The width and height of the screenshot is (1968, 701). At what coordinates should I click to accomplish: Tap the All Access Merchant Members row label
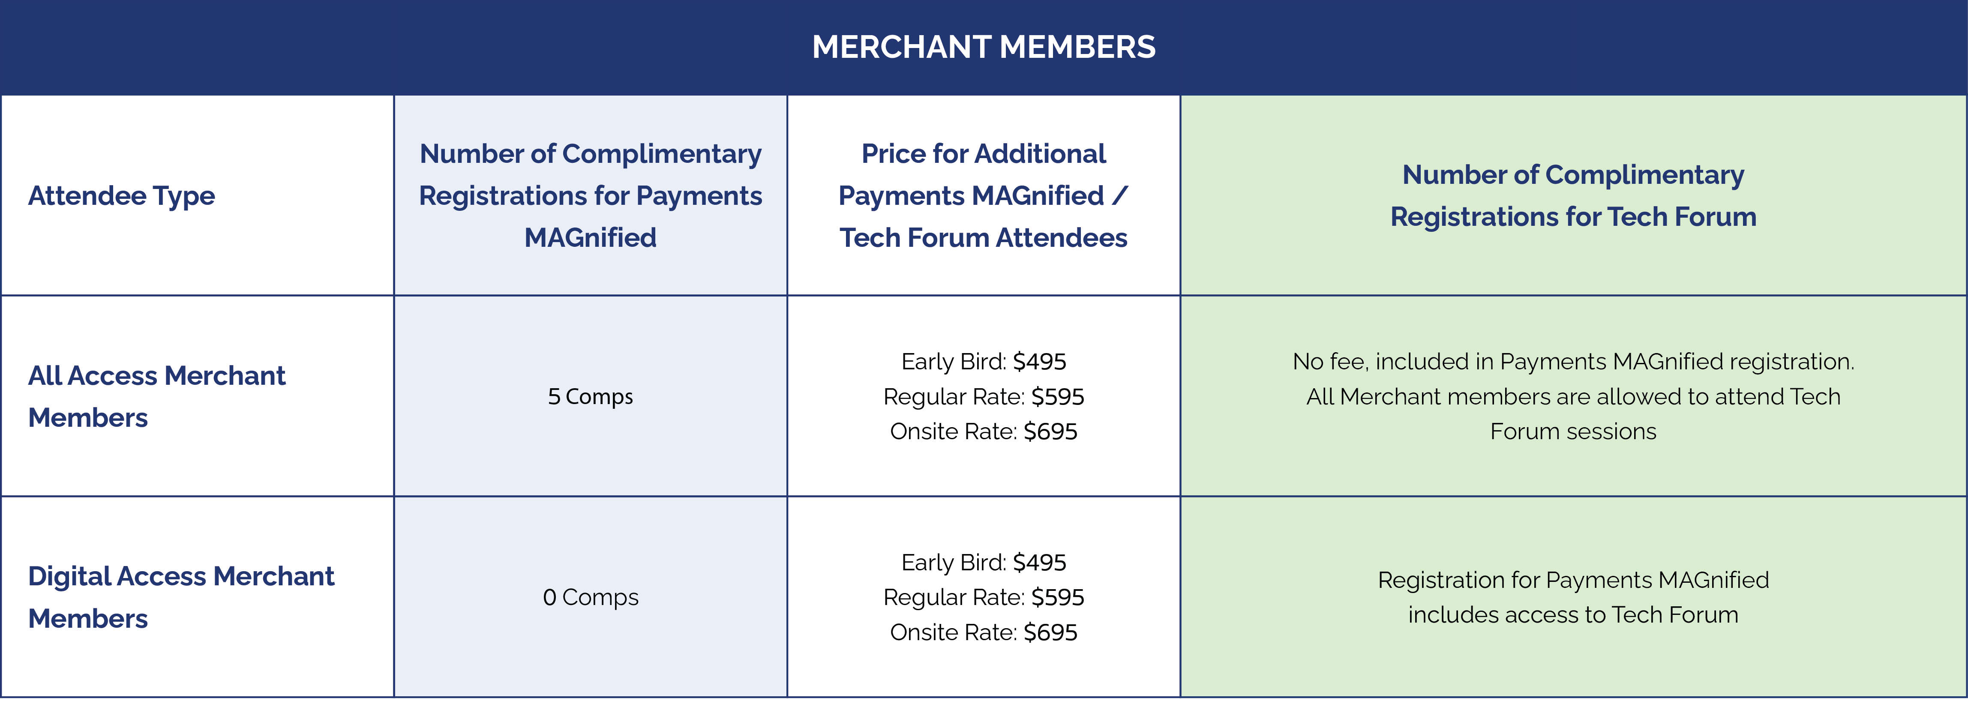click(156, 396)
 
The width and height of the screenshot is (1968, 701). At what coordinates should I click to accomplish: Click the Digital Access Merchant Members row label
click(181, 597)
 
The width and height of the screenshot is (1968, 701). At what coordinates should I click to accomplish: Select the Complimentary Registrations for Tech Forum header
click(1573, 195)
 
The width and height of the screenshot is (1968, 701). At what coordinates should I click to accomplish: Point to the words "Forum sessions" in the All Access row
click(1573, 431)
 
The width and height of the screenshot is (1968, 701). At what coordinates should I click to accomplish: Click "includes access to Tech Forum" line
click(1573, 615)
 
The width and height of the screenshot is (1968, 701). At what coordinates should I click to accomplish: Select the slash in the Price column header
click(1119, 195)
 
